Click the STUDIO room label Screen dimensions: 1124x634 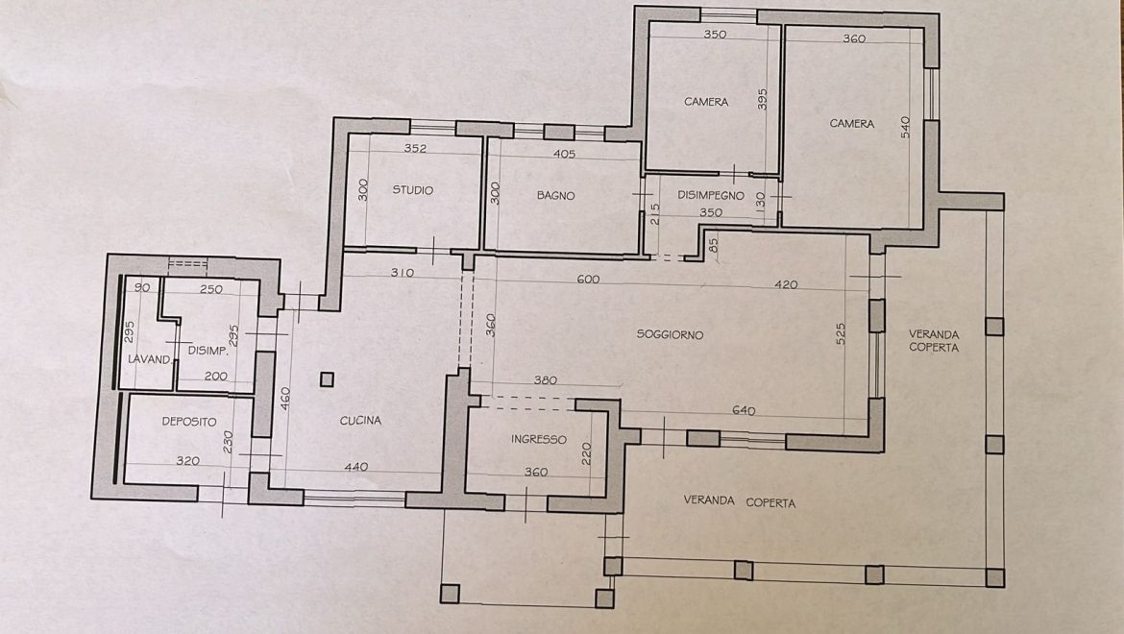(x=413, y=190)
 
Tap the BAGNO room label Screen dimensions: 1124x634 (x=555, y=195)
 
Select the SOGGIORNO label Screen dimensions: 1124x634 (x=670, y=334)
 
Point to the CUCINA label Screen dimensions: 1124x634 (x=360, y=421)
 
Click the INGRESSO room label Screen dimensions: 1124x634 (x=539, y=439)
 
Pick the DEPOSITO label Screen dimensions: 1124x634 (x=189, y=422)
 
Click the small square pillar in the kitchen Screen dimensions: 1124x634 (x=327, y=379)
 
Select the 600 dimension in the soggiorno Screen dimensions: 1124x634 (x=588, y=280)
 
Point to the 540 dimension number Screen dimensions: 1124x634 (x=905, y=128)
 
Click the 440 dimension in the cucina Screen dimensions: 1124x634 (x=356, y=467)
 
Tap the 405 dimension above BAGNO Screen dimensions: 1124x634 (x=564, y=154)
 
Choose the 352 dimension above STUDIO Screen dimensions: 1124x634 (x=415, y=148)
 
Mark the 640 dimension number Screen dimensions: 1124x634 (x=744, y=410)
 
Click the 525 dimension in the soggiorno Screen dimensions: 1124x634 (x=841, y=334)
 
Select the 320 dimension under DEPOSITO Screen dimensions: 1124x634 (x=187, y=461)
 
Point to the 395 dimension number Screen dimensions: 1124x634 (x=762, y=99)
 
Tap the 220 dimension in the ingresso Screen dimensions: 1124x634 (x=586, y=452)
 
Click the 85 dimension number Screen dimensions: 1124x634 (x=713, y=245)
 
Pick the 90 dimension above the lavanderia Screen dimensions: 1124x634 (x=142, y=288)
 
